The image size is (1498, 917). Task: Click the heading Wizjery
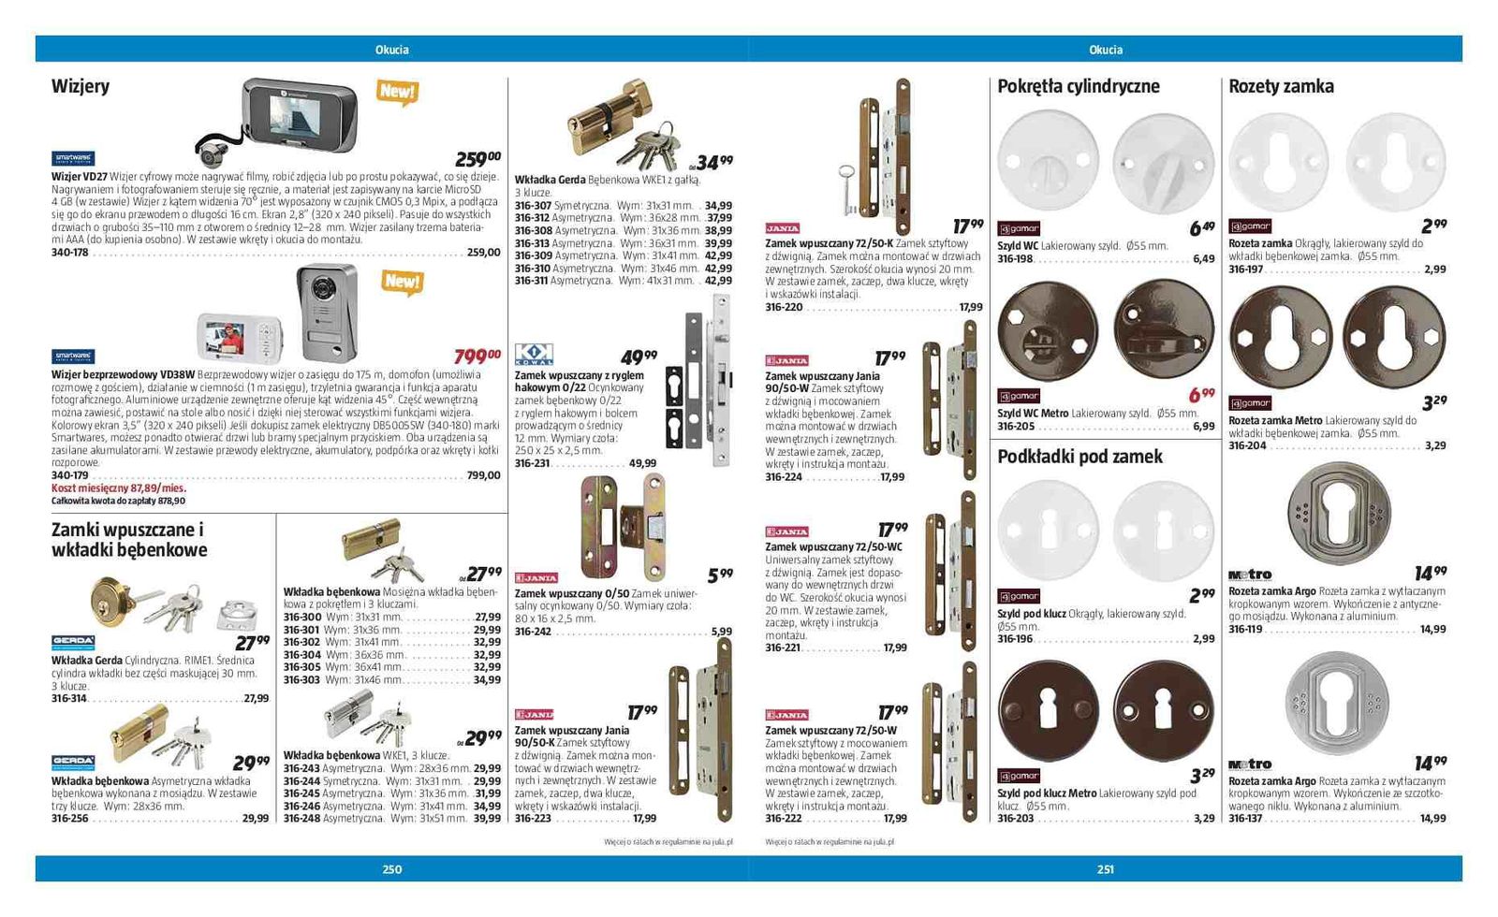click(81, 86)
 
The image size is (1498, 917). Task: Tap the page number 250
click(391, 869)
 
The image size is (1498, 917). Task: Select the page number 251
click(1105, 869)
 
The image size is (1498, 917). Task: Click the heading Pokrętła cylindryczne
click(1078, 86)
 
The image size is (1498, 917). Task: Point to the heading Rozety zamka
click(1281, 86)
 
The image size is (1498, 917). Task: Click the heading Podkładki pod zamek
click(1079, 457)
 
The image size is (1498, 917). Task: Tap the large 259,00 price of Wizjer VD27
click(477, 159)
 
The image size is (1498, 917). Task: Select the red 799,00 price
click(477, 356)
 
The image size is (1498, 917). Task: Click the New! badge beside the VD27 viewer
click(397, 91)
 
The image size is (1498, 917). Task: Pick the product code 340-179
click(70, 475)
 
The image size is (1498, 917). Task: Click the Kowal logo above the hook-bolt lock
click(534, 354)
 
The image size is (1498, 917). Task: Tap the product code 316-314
click(69, 698)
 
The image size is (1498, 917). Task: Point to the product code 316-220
click(784, 307)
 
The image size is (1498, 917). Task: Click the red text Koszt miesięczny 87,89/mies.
click(119, 488)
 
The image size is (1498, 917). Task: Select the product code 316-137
click(1245, 818)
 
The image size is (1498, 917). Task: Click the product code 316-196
click(1015, 639)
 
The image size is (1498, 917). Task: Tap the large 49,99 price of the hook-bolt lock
click(639, 357)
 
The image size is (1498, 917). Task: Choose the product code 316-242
click(533, 632)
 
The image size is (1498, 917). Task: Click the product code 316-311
click(531, 280)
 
